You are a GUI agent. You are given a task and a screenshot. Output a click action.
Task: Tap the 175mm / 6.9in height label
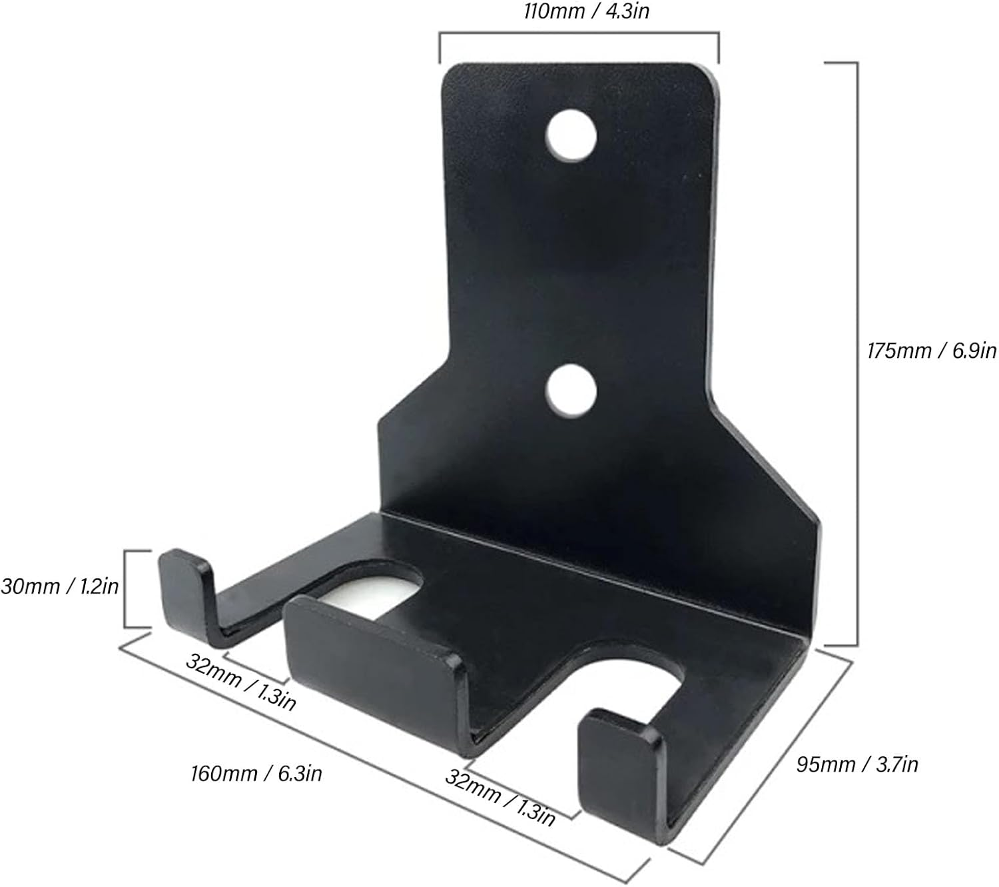(931, 350)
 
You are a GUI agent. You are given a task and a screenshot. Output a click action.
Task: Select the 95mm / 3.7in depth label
(857, 764)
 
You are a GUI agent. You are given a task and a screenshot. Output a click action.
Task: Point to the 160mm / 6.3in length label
(256, 774)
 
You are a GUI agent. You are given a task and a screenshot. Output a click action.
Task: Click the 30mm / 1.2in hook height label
(60, 586)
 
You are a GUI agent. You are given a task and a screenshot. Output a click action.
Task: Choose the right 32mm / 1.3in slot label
(500, 797)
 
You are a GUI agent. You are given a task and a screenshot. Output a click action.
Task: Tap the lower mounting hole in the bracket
(570, 391)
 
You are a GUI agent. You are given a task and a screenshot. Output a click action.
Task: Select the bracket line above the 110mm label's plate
(578, 33)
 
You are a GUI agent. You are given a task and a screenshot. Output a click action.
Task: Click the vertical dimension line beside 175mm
(855, 353)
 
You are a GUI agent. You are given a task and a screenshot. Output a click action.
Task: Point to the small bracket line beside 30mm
(127, 588)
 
